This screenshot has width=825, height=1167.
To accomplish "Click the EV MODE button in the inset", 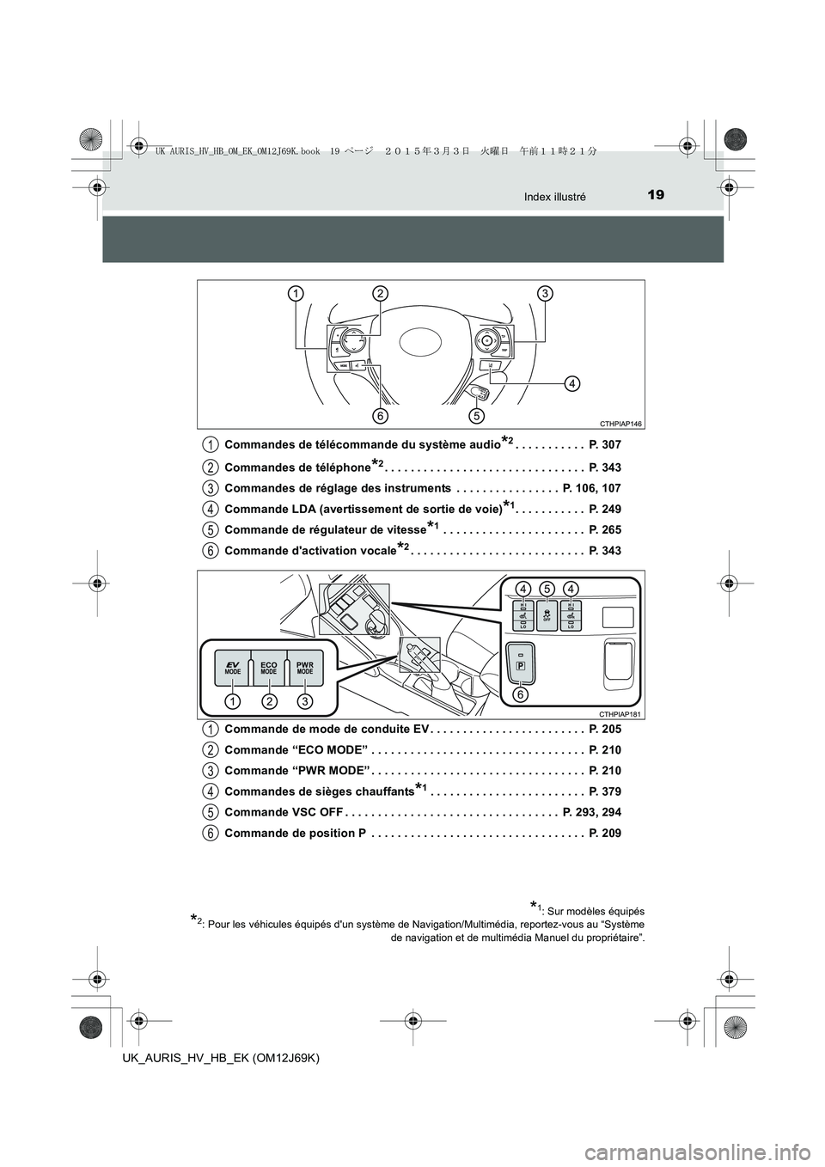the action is pyautogui.click(x=232, y=668).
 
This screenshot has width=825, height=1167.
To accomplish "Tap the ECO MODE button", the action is pyautogui.click(x=269, y=668).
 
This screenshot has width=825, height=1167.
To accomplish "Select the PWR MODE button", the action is pyautogui.click(x=305, y=668).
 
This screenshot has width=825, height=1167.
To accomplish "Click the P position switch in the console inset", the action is pyautogui.click(x=520, y=662).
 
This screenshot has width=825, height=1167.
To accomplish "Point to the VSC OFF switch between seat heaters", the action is pyautogui.click(x=547, y=615).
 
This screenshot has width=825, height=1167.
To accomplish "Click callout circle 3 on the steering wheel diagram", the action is pyautogui.click(x=545, y=293).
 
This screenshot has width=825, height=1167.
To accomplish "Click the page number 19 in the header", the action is pyautogui.click(x=657, y=195).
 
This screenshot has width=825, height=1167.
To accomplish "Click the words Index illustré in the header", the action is pyautogui.click(x=555, y=197).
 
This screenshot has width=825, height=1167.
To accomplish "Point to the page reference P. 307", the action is pyautogui.click(x=605, y=445).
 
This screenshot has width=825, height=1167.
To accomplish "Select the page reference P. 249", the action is pyautogui.click(x=605, y=509).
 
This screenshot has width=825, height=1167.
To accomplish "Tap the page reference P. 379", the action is pyautogui.click(x=605, y=791).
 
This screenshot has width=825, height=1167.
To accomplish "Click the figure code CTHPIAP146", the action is pyautogui.click(x=622, y=424).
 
